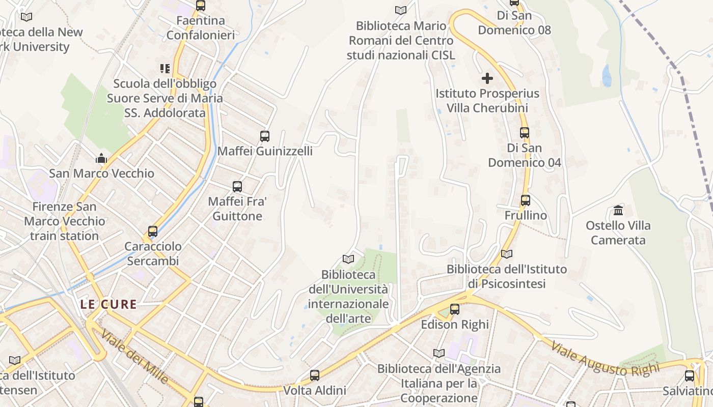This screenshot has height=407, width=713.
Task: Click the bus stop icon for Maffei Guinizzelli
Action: click(x=265, y=136)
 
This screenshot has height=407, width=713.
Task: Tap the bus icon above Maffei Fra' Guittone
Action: click(x=237, y=186)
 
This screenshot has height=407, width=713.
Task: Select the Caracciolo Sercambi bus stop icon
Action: click(x=152, y=231)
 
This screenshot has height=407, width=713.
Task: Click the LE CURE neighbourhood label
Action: click(x=108, y=304)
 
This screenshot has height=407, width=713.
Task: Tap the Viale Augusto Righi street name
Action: click(x=605, y=359)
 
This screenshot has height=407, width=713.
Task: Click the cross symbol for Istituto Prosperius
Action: click(x=487, y=78)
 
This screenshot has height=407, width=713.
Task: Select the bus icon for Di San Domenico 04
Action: click(x=525, y=133)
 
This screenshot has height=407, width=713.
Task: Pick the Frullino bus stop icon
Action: click(x=526, y=200)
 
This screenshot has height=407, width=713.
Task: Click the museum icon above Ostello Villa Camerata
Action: click(x=618, y=210)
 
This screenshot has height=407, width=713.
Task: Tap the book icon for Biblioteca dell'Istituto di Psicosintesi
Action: click(x=507, y=254)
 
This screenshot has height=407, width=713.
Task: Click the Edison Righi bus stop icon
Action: click(x=455, y=309)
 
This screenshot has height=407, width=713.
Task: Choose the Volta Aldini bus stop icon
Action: click(x=315, y=375)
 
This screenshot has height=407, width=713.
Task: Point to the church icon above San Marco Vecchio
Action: click(x=101, y=158)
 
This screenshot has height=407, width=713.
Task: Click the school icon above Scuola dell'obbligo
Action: click(x=164, y=68)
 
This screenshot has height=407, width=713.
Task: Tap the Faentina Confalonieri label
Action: click(x=201, y=28)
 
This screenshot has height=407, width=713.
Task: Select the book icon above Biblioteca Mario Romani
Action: click(x=401, y=10)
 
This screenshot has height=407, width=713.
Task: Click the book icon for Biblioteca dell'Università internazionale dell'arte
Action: click(x=348, y=259)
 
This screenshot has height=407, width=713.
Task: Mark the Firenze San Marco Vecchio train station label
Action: click(x=65, y=221)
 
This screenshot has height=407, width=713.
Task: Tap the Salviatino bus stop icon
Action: click(x=690, y=376)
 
